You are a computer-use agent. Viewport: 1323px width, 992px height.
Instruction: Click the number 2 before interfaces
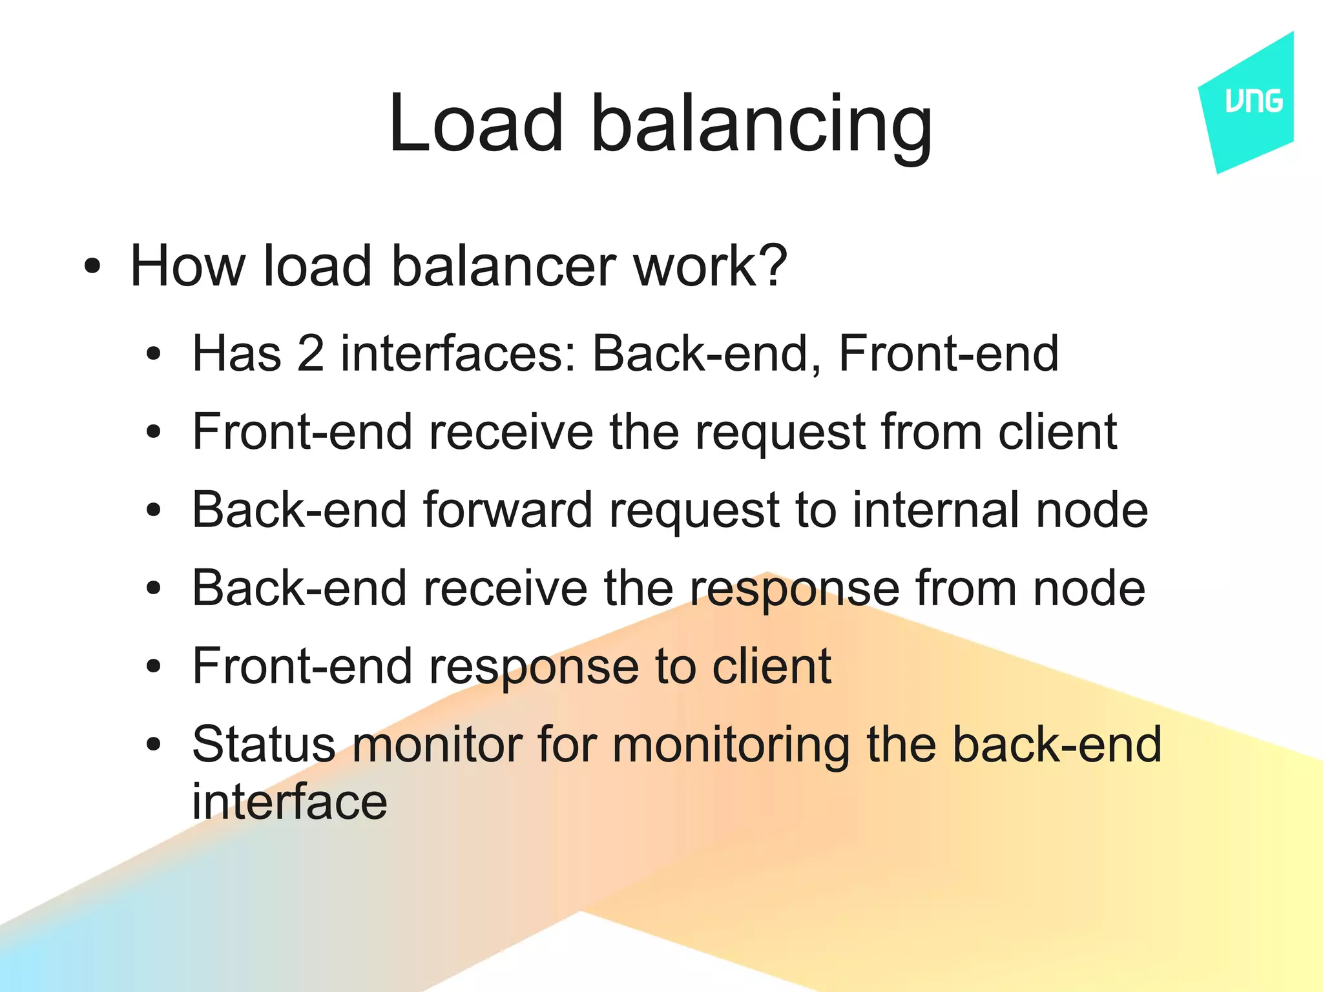point(310,353)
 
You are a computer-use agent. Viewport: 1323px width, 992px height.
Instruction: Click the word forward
point(508,510)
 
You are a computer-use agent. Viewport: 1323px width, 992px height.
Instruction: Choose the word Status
point(264,744)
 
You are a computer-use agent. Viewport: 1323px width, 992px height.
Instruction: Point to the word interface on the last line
point(289,801)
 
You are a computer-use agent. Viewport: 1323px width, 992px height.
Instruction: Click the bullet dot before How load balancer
point(92,266)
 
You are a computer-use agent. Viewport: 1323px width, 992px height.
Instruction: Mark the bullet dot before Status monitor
point(153,745)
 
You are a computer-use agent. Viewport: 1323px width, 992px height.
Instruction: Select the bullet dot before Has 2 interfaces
point(153,354)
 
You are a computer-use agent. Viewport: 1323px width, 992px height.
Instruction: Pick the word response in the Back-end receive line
point(795,590)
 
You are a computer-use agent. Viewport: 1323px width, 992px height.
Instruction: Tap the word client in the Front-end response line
point(771,666)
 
